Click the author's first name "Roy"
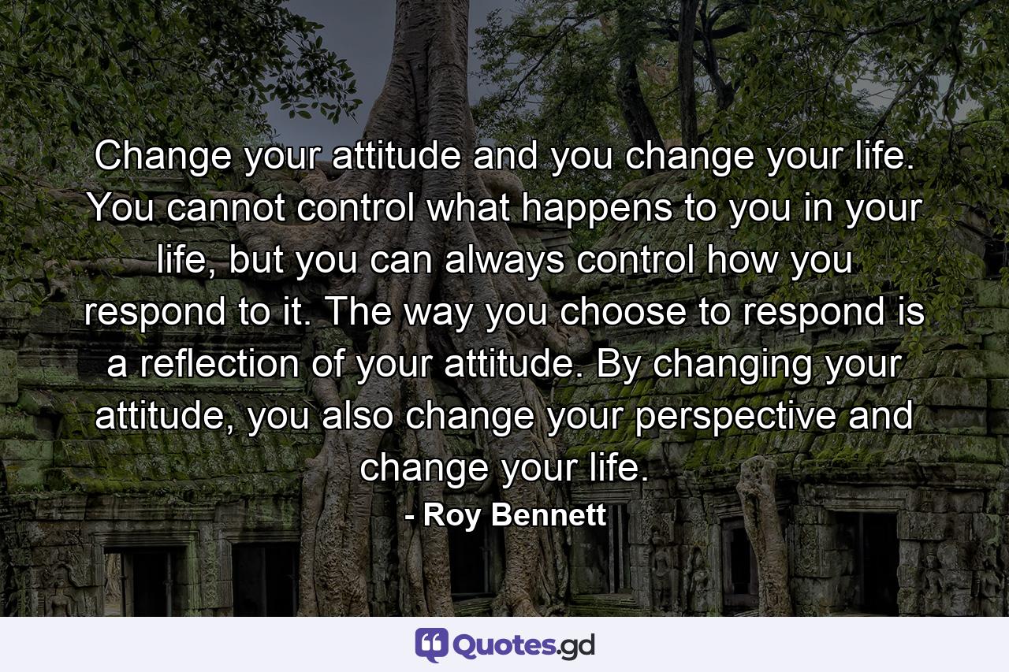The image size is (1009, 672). point(450,516)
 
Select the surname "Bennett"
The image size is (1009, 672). point(546,516)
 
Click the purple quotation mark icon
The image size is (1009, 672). point(431,645)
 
